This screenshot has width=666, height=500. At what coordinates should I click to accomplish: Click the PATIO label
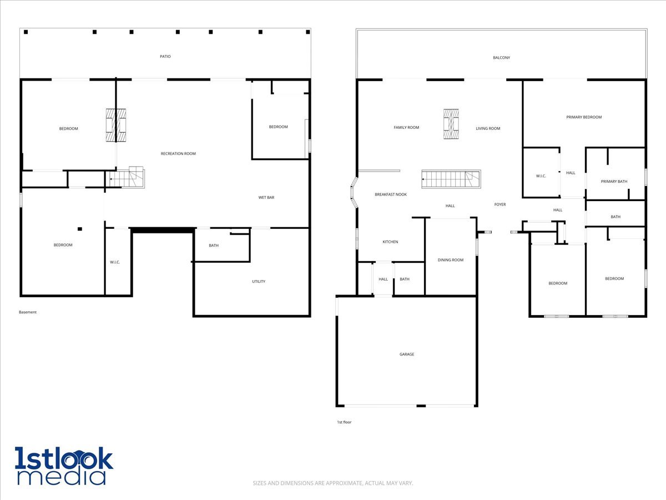pyautogui.click(x=165, y=57)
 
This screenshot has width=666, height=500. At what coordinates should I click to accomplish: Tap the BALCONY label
pyautogui.click(x=501, y=58)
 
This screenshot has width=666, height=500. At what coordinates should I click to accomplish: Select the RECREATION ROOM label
pyautogui.click(x=178, y=154)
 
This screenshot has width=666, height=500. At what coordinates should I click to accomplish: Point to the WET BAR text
pyautogui.click(x=266, y=198)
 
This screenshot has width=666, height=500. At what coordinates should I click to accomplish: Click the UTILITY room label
pyautogui.click(x=259, y=282)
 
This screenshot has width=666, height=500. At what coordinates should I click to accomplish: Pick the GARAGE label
pyautogui.click(x=407, y=354)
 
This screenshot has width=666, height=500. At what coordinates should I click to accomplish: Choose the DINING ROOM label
pyautogui.click(x=450, y=260)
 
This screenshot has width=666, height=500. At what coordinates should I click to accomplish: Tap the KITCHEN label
pyautogui.click(x=390, y=242)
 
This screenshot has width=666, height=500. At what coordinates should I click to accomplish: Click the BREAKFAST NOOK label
pyautogui.click(x=391, y=194)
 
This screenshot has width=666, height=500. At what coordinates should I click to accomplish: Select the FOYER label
pyautogui.click(x=500, y=204)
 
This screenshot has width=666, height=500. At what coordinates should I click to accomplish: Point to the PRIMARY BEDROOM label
pyautogui.click(x=584, y=117)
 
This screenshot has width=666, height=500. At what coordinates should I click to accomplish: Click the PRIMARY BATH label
pyautogui.click(x=614, y=182)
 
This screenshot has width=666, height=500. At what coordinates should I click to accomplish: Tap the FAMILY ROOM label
pyautogui.click(x=406, y=128)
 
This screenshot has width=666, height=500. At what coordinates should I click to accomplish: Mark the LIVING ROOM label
pyautogui.click(x=488, y=128)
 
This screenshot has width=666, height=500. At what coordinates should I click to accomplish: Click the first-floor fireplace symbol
pyautogui.click(x=451, y=124)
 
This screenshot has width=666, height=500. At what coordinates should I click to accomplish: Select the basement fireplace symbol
pyautogui.click(x=116, y=125)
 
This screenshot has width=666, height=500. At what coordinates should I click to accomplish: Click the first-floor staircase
pyautogui.click(x=451, y=179)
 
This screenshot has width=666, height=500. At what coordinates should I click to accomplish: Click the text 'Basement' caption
pyautogui.click(x=28, y=312)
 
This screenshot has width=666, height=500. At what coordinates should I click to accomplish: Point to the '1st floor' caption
pyautogui.click(x=344, y=422)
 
